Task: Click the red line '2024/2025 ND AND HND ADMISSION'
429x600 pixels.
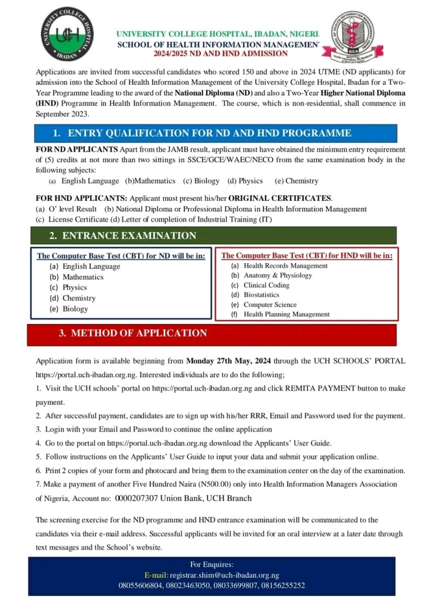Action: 221,53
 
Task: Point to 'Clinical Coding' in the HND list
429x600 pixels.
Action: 266,285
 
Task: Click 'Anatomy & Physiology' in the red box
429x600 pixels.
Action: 277,275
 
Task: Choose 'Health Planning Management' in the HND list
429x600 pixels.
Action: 286,315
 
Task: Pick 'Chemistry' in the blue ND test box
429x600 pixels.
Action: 79,298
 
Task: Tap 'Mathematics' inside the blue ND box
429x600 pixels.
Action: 83,277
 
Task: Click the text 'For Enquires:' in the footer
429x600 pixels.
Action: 212,565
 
